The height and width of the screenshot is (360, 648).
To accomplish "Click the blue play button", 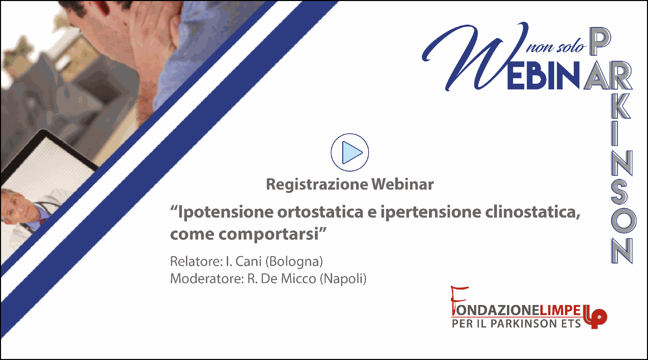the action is [350, 153].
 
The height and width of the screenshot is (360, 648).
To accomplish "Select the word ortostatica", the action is [320, 212].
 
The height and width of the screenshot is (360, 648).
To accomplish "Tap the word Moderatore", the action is [207, 279].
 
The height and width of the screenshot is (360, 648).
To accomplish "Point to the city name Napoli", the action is [343, 279].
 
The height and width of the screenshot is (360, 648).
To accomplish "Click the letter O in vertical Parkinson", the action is [623, 220].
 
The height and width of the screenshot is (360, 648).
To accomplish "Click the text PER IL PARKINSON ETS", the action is [516, 324].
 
